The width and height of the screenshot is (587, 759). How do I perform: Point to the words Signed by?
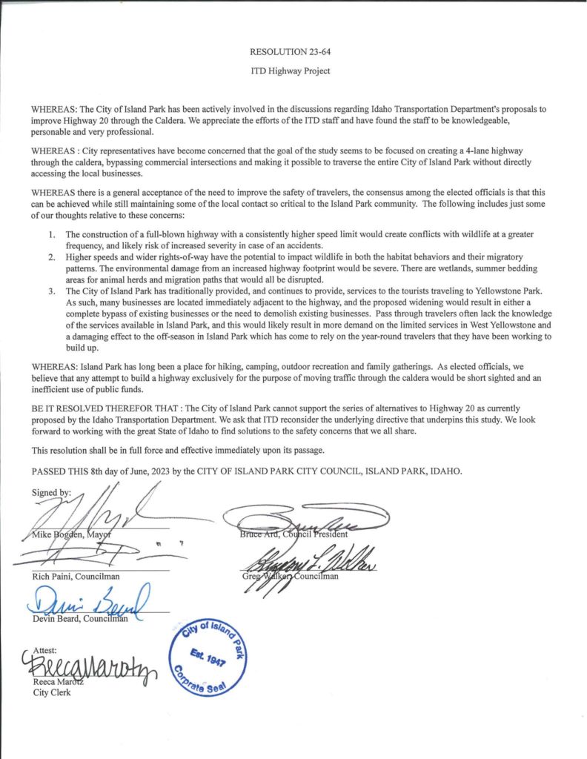coord(53,492)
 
